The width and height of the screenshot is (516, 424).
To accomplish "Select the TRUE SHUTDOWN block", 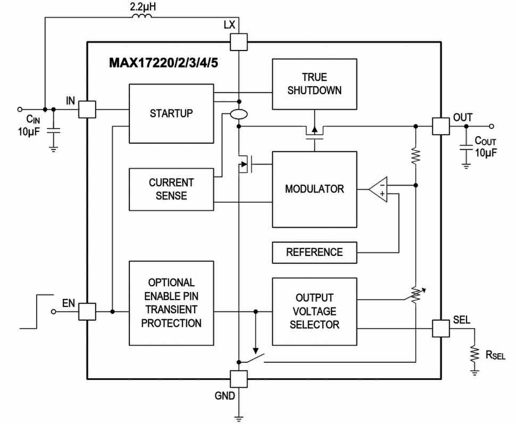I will pyautogui.click(x=314, y=84).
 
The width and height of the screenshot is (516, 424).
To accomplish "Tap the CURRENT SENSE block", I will pyautogui.click(x=171, y=189).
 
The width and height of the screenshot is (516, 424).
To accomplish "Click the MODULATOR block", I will pyautogui.click(x=314, y=189).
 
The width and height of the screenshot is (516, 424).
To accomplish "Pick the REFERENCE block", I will pyautogui.click(x=314, y=252).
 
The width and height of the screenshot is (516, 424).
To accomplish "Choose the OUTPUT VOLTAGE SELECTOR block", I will pyautogui.click(x=314, y=311).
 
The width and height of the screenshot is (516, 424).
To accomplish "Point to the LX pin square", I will pyautogui.click(x=239, y=41).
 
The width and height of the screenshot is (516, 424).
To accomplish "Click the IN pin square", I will pyautogui.click(x=87, y=110).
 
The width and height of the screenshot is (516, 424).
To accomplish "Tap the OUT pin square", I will pyautogui.click(x=440, y=126).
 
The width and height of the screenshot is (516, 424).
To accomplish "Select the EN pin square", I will pyautogui.click(x=87, y=311).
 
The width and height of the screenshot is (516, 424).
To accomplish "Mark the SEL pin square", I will pyautogui.click(x=440, y=328).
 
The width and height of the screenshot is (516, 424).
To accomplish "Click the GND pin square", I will pyautogui.click(x=239, y=378).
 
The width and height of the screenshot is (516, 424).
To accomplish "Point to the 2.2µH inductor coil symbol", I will pyautogui.click(x=140, y=18).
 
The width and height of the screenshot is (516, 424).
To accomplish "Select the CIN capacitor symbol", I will pyautogui.click(x=53, y=130).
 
